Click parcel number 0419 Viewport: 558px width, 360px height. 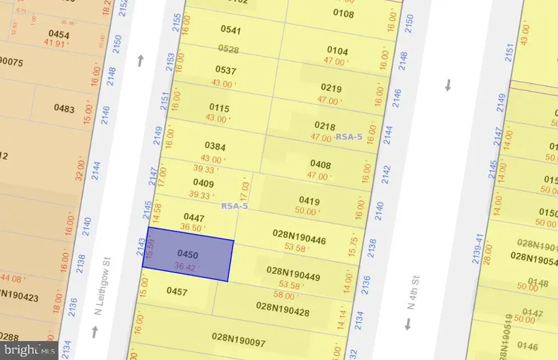[x=309, y=200]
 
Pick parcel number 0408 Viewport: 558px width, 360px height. [x=321, y=165]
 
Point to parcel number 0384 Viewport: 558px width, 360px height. [x=215, y=146]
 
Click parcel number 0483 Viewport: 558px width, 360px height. [x=64, y=109]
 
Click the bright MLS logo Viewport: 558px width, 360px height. [x=29, y=351]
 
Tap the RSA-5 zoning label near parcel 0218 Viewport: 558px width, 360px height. [x=348, y=137]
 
